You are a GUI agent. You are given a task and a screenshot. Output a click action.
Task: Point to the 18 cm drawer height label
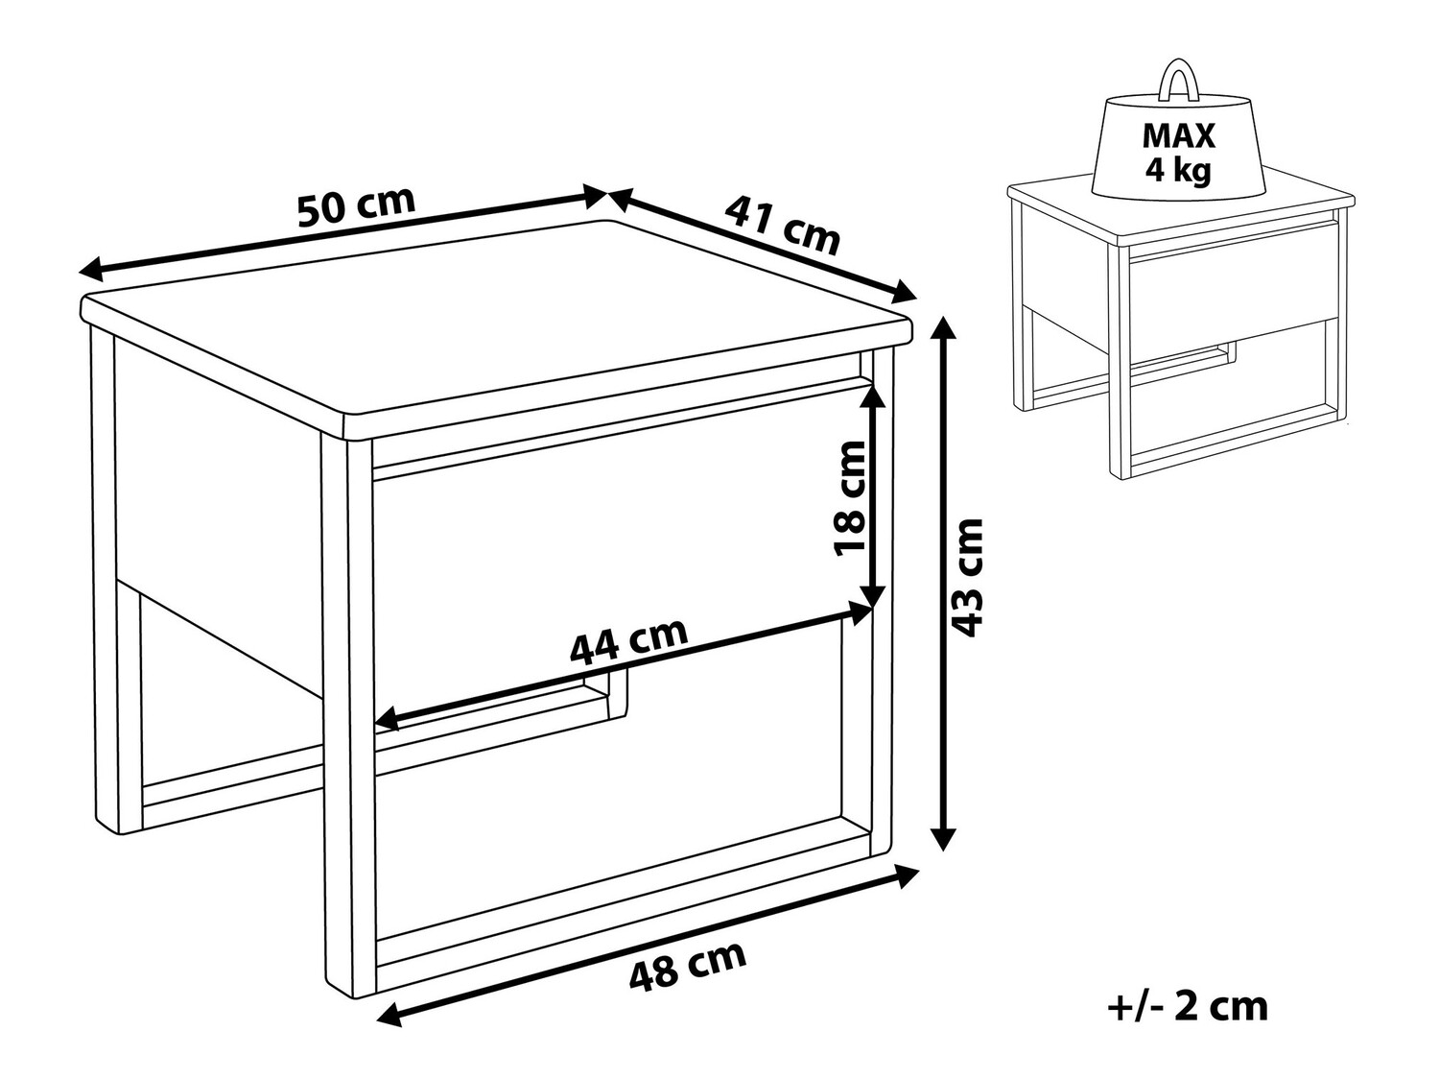pos(851,498)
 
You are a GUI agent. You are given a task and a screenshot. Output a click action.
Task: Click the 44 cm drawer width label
pos(628,639)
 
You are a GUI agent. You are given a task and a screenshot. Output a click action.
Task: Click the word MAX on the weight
pos(1178,135)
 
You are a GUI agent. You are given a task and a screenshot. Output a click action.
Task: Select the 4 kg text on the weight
pos(1178,171)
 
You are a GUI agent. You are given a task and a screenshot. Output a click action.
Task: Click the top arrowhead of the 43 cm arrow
pos(943,329)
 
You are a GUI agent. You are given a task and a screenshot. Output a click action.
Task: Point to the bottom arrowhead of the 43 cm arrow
pos(943,838)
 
